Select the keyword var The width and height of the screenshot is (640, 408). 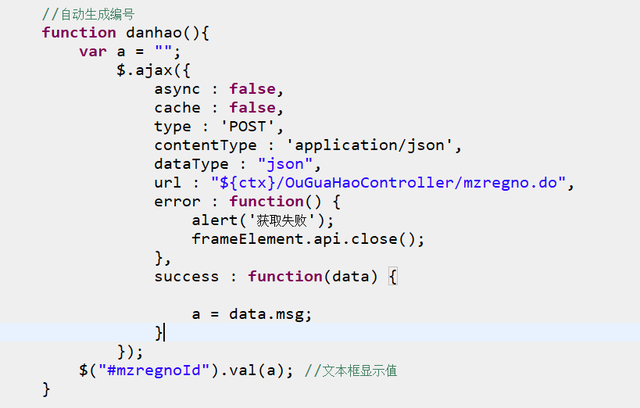click(92, 52)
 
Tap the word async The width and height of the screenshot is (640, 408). click(177, 89)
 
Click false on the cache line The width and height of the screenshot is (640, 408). click(252, 108)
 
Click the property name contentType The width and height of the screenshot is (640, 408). click(206, 145)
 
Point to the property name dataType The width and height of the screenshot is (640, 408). click(191, 164)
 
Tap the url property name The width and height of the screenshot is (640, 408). click(168, 183)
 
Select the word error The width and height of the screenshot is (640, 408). click(177, 202)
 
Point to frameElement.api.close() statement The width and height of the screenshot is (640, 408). click(308, 239)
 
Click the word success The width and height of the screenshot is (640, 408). click(187, 277)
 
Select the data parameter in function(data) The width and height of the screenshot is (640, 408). click(350, 277)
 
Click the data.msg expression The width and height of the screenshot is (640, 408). click(270, 314)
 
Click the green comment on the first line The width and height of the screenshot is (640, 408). click(88, 14)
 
